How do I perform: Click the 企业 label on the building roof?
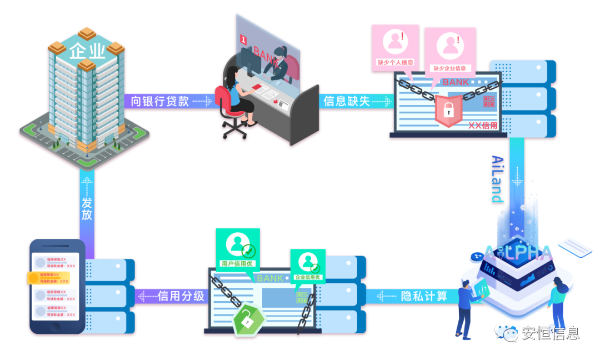[x=87, y=52]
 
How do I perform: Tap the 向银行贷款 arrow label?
[x=160, y=101]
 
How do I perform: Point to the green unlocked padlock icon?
[x=244, y=319]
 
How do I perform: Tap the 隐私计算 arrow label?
[x=424, y=296]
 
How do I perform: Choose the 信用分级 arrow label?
[x=181, y=296]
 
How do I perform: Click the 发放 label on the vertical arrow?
[x=87, y=207]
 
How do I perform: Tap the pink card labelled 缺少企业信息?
[x=449, y=51]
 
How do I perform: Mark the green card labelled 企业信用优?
[x=307, y=264]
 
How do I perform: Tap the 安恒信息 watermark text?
[x=549, y=333]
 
